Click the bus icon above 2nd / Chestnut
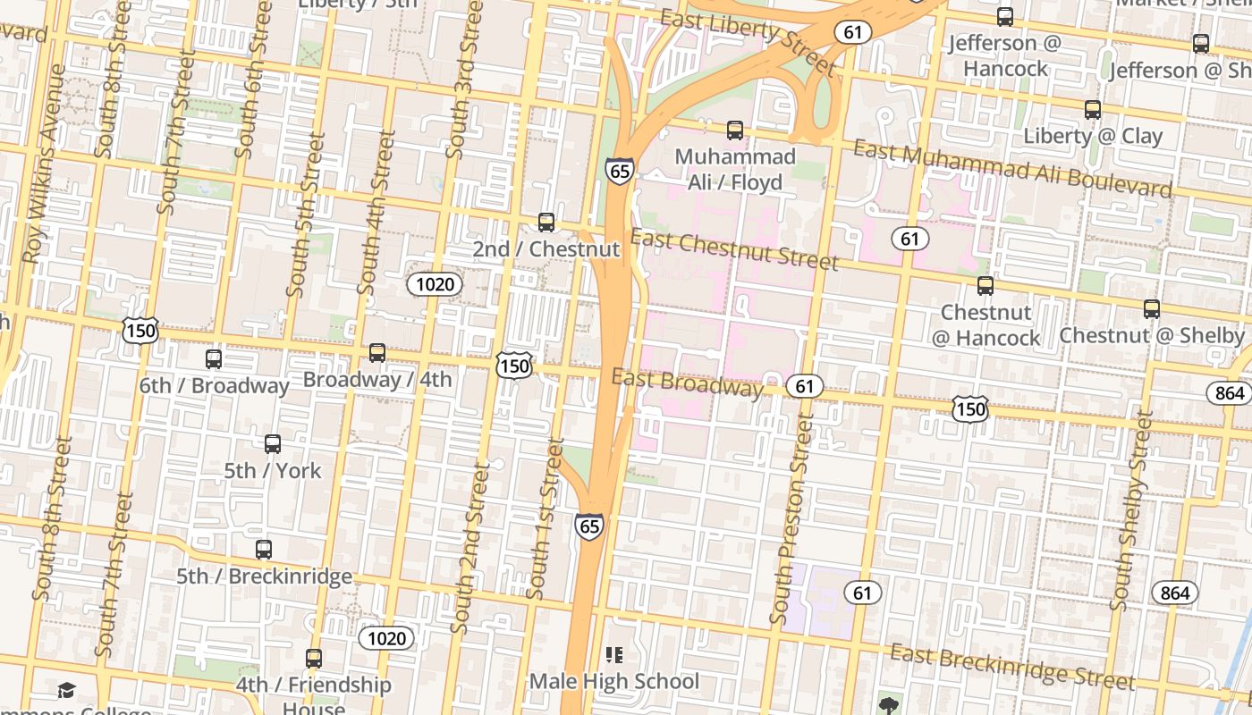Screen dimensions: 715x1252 point(546,223)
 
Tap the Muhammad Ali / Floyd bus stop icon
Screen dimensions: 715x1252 point(735,130)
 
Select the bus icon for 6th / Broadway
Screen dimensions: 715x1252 point(214,359)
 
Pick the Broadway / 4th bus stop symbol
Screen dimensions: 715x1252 point(377,353)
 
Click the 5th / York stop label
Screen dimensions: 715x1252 point(272,470)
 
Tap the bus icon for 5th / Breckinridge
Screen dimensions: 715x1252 point(263,550)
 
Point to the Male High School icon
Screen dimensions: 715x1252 point(614,655)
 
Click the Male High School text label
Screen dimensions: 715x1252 point(614,681)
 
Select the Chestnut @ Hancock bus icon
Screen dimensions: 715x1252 point(986,286)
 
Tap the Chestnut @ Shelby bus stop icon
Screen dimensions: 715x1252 point(1152,309)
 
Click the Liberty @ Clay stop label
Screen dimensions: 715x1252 point(1093,136)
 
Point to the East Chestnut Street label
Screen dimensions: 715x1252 point(735,249)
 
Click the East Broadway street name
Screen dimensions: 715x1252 point(687,383)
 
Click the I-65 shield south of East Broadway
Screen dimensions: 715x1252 point(589,526)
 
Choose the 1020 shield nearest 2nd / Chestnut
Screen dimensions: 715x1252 point(435,284)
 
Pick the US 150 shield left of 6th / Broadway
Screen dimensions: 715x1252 point(141,331)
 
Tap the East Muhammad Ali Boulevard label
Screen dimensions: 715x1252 point(1011,169)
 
